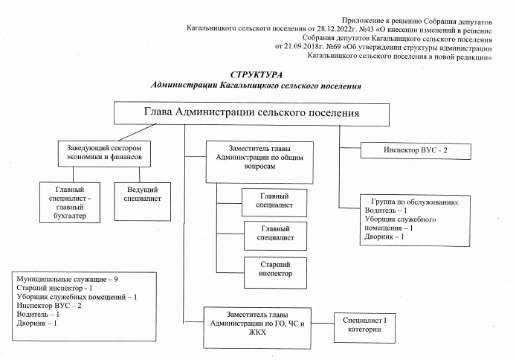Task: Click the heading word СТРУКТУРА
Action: pyautogui.click(x=256, y=76)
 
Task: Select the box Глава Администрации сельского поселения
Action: pyautogui.click(x=251, y=113)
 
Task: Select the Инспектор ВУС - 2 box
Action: pyautogui.click(x=416, y=151)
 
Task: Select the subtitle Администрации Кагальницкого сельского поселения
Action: pyautogui.click(x=256, y=86)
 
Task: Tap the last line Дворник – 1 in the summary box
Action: pyautogui.click(x=36, y=324)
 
